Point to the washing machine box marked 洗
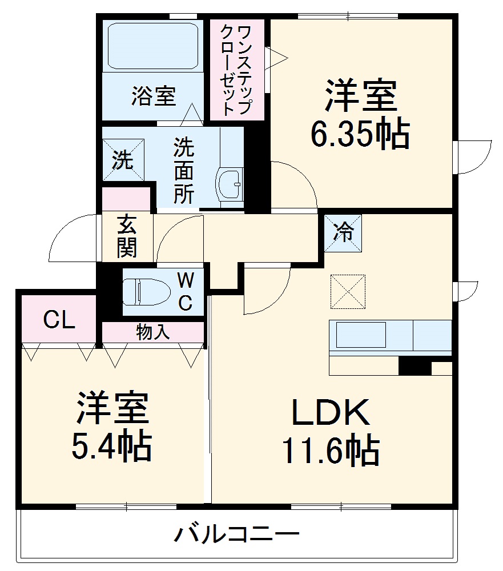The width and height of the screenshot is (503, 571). point(123,160)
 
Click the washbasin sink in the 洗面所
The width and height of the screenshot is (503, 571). point(231,183)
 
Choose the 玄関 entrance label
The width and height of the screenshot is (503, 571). point(127,236)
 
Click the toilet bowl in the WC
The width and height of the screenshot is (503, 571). point(148,292)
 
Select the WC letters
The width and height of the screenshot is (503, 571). point(185,292)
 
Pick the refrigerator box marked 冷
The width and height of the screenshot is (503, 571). point(343,233)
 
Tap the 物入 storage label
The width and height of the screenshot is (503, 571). point(152,332)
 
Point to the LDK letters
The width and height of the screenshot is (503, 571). point(331,413)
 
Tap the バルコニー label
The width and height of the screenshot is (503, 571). point(236,535)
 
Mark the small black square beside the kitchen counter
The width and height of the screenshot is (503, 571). point(415,366)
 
